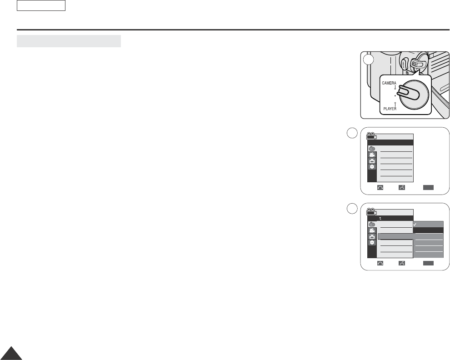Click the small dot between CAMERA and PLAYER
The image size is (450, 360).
point(395,96)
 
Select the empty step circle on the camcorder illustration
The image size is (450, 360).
point(369,60)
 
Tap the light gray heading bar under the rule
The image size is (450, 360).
point(69,41)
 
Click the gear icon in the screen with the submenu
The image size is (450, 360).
point(372,243)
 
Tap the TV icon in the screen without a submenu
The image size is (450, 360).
point(372,161)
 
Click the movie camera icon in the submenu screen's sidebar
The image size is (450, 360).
point(372,230)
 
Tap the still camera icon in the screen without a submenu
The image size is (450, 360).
point(372,149)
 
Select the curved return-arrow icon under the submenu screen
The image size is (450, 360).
point(380,263)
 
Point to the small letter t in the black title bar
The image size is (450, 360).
point(380,218)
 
